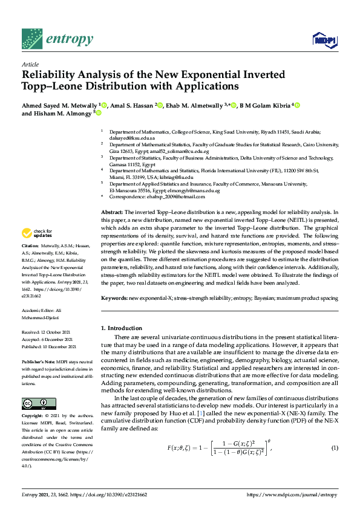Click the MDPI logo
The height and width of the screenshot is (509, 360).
point(324,40)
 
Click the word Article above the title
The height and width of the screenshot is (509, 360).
point(30,63)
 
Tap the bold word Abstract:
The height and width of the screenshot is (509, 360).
point(111,212)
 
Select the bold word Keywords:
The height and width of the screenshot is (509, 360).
point(114,298)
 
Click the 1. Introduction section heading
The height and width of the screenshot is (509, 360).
point(122,328)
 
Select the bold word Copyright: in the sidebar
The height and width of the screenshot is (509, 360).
point(33,400)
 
